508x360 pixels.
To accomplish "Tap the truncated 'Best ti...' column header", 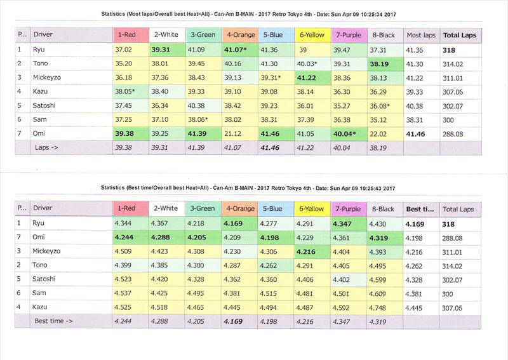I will tap(420, 209).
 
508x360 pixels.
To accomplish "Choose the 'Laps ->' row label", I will tap(46, 147).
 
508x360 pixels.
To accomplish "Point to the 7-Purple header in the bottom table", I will tap(349, 209).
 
